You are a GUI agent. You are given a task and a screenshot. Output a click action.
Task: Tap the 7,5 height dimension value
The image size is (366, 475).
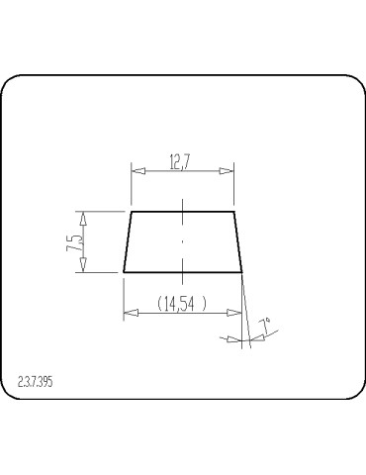(x=74, y=240)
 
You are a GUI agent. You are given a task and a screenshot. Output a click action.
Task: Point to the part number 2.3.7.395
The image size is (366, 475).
(x=37, y=381)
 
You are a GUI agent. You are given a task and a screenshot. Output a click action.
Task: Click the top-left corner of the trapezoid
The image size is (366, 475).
(x=132, y=211)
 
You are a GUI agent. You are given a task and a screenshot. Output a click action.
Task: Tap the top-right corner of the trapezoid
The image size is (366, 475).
(x=233, y=211)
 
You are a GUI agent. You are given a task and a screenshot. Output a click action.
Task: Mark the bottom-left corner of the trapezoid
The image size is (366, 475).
(x=124, y=271)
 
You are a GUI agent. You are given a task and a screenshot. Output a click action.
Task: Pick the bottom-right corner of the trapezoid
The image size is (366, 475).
(x=242, y=271)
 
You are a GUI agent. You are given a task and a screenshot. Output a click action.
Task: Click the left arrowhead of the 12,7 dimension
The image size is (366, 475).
(x=137, y=171)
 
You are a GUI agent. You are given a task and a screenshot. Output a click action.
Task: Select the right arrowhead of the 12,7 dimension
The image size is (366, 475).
(x=229, y=171)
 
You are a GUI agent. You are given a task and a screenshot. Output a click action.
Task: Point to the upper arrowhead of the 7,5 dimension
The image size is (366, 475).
(x=84, y=217)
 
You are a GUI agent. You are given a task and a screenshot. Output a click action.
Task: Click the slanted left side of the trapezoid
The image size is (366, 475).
(x=128, y=241)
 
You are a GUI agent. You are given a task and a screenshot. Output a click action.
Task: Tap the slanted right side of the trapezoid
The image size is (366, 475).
(x=238, y=241)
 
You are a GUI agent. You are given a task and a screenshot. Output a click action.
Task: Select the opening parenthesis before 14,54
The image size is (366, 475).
(x=159, y=305)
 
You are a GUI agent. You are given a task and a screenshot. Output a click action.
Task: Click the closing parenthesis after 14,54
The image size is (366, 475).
(x=205, y=305)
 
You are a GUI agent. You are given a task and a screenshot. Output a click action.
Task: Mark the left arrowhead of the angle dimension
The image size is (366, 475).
(x=232, y=339)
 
